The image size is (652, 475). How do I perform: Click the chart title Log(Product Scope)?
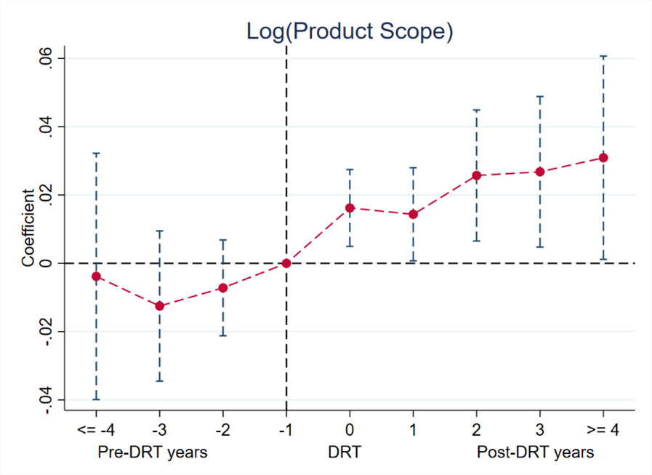[x=350, y=31]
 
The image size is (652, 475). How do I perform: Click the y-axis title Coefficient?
[x=28, y=228]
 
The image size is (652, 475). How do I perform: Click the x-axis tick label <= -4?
[x=96, y=431]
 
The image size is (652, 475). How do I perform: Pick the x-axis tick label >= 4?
[x=603, y=431]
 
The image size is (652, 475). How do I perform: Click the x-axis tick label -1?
[x=286, y=431]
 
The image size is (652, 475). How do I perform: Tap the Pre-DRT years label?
[x=152, y=452]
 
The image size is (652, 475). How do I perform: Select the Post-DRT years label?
[x=535, y=452]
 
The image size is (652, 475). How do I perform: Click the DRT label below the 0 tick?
[x=344, y=452]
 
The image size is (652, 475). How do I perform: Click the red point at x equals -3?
[x=159, y=306]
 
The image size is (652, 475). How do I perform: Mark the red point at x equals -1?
[x=286, y=263]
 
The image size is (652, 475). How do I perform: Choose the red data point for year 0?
[x=350, y=208]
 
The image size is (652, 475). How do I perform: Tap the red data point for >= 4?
[x=603, y=158]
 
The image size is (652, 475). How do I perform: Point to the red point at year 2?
[x=477, y=175]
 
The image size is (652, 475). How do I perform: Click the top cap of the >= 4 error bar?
[x=603, y=56]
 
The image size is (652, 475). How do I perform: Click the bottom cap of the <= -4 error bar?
[x=96, y=399]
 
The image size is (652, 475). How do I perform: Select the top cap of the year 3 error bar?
[x=540, y=96]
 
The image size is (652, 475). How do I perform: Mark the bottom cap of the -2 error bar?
[x=222, y=335]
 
